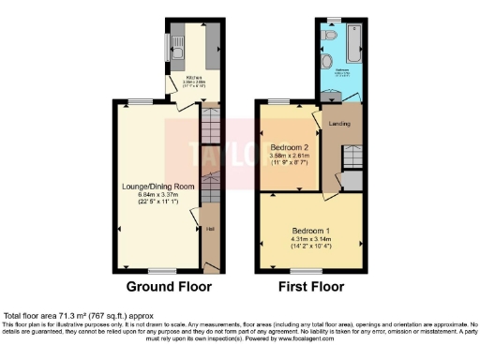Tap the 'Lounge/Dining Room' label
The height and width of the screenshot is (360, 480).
coord(158,187)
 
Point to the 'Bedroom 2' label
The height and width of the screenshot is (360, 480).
coord(290,148)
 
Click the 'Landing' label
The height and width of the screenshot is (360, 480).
coord(337,123)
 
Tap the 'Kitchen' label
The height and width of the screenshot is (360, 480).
coord(194,78)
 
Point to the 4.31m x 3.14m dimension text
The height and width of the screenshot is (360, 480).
coord(309,239)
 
